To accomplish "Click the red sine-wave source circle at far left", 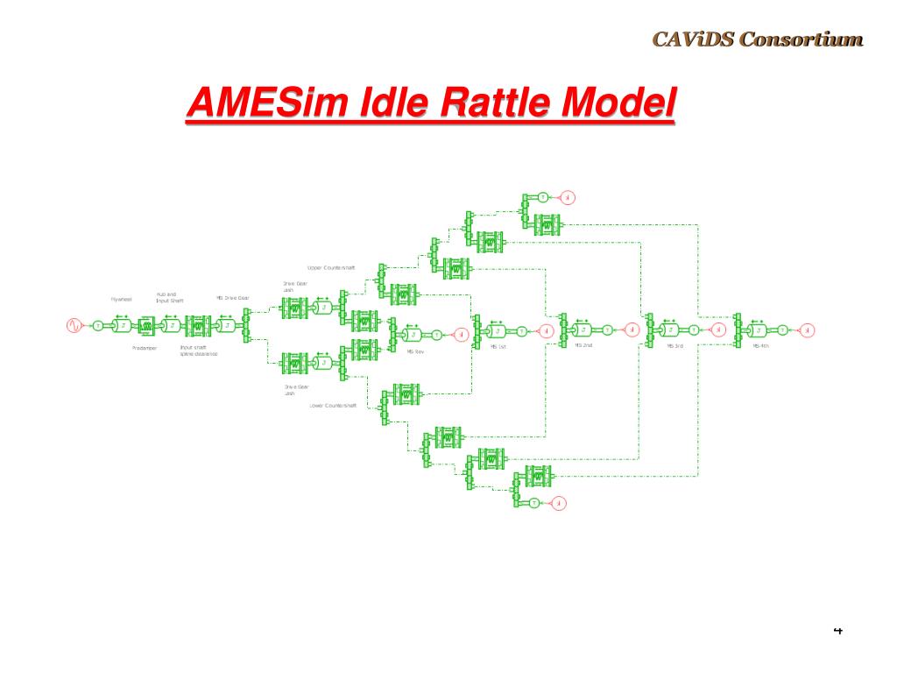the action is [74, 326].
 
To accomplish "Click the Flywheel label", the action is [121, 300].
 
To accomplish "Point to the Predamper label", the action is [144, 348].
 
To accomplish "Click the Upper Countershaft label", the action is [331, 267].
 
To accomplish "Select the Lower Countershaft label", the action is [333, 406].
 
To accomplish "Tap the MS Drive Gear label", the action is [233, 298].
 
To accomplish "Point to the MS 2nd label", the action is [583, 346].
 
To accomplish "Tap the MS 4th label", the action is [760, 346].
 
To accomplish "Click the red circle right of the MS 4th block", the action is [808, 330].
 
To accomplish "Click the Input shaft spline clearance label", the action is [198, 351].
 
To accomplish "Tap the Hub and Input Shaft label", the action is [170, 297].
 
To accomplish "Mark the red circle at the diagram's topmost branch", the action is [567, 196].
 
